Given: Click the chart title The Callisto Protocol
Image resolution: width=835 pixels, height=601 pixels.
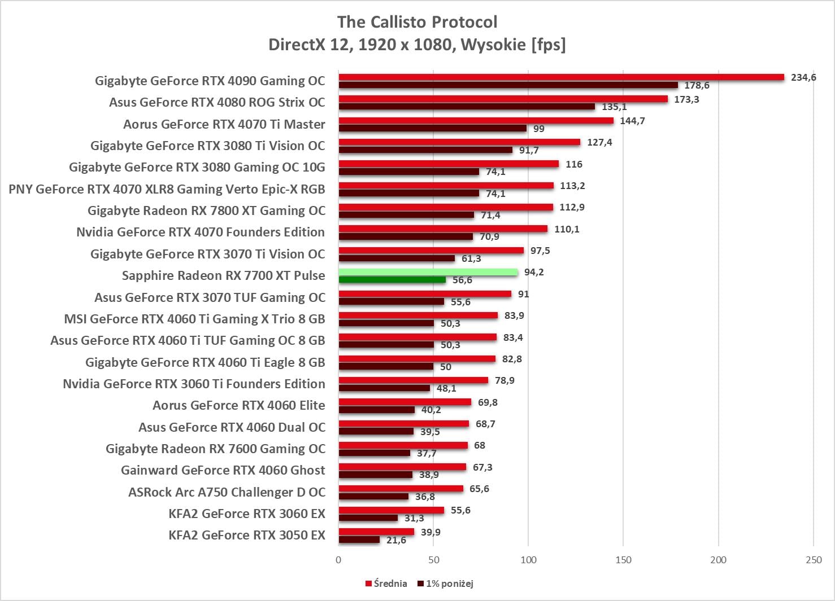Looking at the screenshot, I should coord(417,22).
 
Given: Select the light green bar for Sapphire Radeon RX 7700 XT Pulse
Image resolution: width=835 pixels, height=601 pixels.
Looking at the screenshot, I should coord(428,272).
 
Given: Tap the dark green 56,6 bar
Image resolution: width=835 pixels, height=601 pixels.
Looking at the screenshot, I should coord(392,280).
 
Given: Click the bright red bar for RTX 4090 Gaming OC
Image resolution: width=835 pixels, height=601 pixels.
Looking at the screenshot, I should coord(561,77).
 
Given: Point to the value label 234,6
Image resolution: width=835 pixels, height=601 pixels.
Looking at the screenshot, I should coord(803,77).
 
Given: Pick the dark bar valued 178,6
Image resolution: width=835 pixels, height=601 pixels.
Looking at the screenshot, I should coord(508,85).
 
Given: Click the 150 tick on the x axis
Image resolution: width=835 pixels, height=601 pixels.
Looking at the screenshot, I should coord(623,560).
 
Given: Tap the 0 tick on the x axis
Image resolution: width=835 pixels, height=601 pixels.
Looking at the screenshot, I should coord(338,560).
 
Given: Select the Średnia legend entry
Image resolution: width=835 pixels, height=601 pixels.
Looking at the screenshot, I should coord(386,584).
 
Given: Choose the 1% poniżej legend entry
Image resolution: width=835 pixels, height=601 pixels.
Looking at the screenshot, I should coord(445,584).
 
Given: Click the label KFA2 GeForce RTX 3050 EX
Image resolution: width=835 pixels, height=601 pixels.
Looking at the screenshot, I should coord(247,535).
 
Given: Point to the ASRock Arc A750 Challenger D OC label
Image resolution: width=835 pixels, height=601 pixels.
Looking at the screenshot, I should coord(227,492).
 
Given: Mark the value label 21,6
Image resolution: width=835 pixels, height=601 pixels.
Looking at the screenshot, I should coord(396,540).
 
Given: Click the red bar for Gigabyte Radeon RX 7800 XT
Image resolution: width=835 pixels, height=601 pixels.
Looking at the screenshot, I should coord(446,207).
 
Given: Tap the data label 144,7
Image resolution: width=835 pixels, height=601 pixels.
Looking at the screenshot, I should coord(632,121).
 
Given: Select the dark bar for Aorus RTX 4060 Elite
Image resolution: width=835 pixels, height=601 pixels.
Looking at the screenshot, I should coord(376,410).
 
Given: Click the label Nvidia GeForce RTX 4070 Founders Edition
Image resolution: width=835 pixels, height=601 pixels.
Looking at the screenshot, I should coord(201,232).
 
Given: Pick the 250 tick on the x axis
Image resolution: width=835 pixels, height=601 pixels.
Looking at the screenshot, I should coord(814,560).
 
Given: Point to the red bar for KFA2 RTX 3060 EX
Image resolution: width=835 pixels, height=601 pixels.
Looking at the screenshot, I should coord(391,510).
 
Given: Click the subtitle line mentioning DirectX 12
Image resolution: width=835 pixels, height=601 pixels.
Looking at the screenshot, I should coord(417,44).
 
